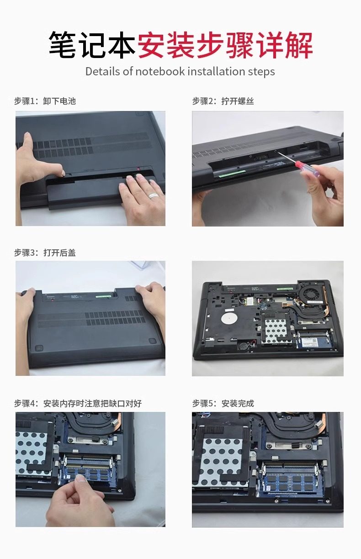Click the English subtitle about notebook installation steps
(180, 72)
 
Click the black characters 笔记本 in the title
(92, 45)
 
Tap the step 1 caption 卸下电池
(59, 101)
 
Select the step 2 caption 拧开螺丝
(238, 101)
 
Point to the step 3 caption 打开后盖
(59, 253)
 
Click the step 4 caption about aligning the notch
(92, 404)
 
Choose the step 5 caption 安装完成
(238, 404)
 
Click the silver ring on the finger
(153, 195)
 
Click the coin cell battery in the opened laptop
(242, 346)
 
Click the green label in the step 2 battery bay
(232, 174)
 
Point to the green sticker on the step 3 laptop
(103, 297)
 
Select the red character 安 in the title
(152, 45)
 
